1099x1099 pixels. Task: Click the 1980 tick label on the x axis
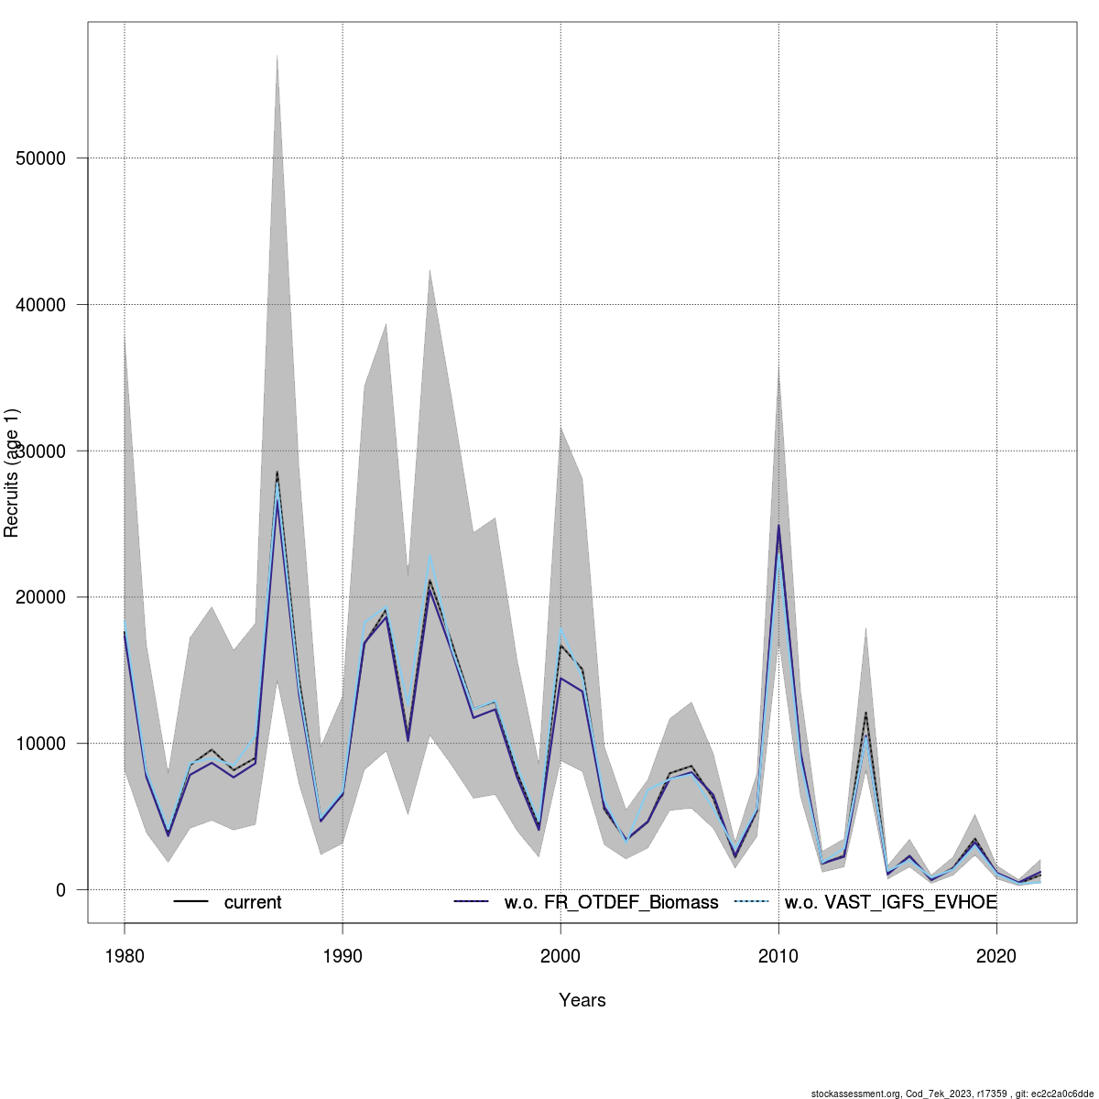[x=125, y=956]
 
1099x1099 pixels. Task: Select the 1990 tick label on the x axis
[x=343, y=956]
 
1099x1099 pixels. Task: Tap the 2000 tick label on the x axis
[x=560, y=956]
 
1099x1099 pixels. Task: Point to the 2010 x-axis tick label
[x=778, y=956]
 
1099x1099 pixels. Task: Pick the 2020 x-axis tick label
[x=996, y=956]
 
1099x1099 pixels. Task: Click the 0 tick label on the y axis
[x=60, y=890]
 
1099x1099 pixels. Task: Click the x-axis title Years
[x=582, y=1000]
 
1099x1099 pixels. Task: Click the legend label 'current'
[x=253, y=902]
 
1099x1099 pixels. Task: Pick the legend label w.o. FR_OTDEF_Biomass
[x=611, y=902]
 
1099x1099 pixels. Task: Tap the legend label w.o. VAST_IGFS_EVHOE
[x=890, y=902]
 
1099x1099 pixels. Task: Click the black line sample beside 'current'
[x=191, y=902]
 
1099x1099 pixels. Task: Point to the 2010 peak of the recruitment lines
[x=778, y=526]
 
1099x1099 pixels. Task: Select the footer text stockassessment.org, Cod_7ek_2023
[x=952, y=1093]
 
